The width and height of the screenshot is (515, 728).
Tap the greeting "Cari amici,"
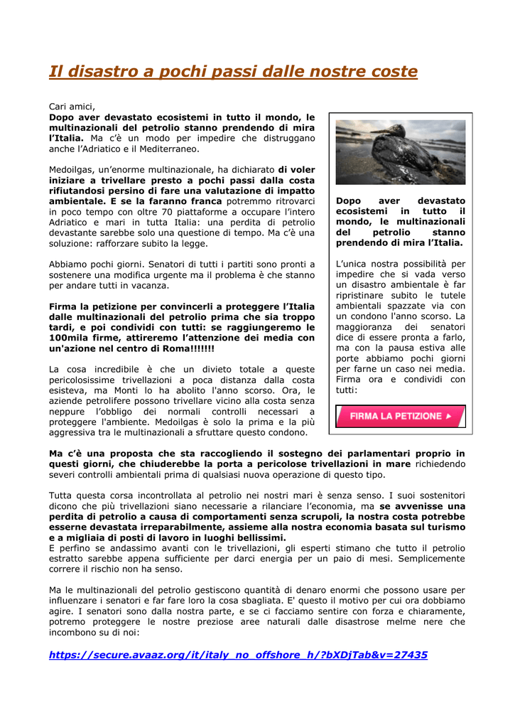click(72, 106)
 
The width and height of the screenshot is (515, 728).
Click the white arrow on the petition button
click(448, 416)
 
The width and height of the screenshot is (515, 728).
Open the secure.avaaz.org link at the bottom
click(238, 655)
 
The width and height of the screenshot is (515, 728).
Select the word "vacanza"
click(152, 285)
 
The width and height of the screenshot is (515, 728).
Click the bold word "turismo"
click(445, 527)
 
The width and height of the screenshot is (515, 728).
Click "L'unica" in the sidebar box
click(353, 264)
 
